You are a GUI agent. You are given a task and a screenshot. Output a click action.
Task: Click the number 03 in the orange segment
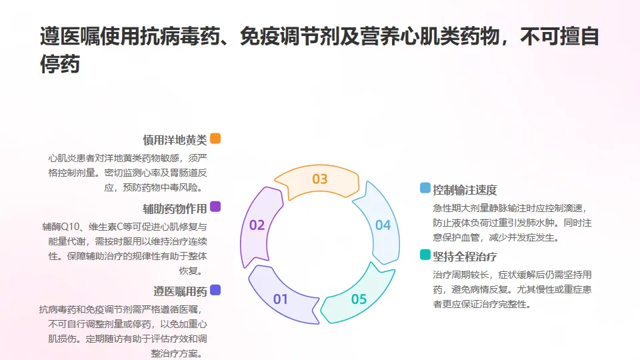(320, 179)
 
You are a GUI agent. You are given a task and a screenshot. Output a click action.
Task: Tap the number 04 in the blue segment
(383, 225)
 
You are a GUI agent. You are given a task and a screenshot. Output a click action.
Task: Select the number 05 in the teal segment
(359, 299)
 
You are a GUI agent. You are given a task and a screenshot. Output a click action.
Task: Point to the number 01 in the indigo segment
(281, 299)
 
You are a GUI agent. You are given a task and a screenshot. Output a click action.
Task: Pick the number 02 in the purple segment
(257, 225)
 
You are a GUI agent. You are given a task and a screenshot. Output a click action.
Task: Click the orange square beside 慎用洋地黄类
(215, 139)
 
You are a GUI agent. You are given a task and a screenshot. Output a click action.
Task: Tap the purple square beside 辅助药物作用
(215, 207)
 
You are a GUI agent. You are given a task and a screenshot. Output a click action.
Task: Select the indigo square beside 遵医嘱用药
(215, 290)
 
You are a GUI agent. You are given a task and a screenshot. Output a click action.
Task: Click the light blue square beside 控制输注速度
(425, 188)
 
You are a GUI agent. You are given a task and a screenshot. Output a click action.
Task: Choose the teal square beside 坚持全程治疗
(425, 254)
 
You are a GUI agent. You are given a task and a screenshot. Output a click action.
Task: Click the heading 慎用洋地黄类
(175, 140)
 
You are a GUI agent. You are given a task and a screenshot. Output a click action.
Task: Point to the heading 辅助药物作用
(175, 209)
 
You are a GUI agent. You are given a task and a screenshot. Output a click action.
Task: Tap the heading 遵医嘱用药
(180, 291)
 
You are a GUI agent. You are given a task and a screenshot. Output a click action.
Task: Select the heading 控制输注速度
(465, 190)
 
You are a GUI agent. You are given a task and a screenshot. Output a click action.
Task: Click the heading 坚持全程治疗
(465, 256)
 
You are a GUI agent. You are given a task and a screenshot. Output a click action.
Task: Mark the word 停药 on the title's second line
(59, 64)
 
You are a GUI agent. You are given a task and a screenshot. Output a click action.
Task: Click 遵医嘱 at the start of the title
(70, 36)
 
